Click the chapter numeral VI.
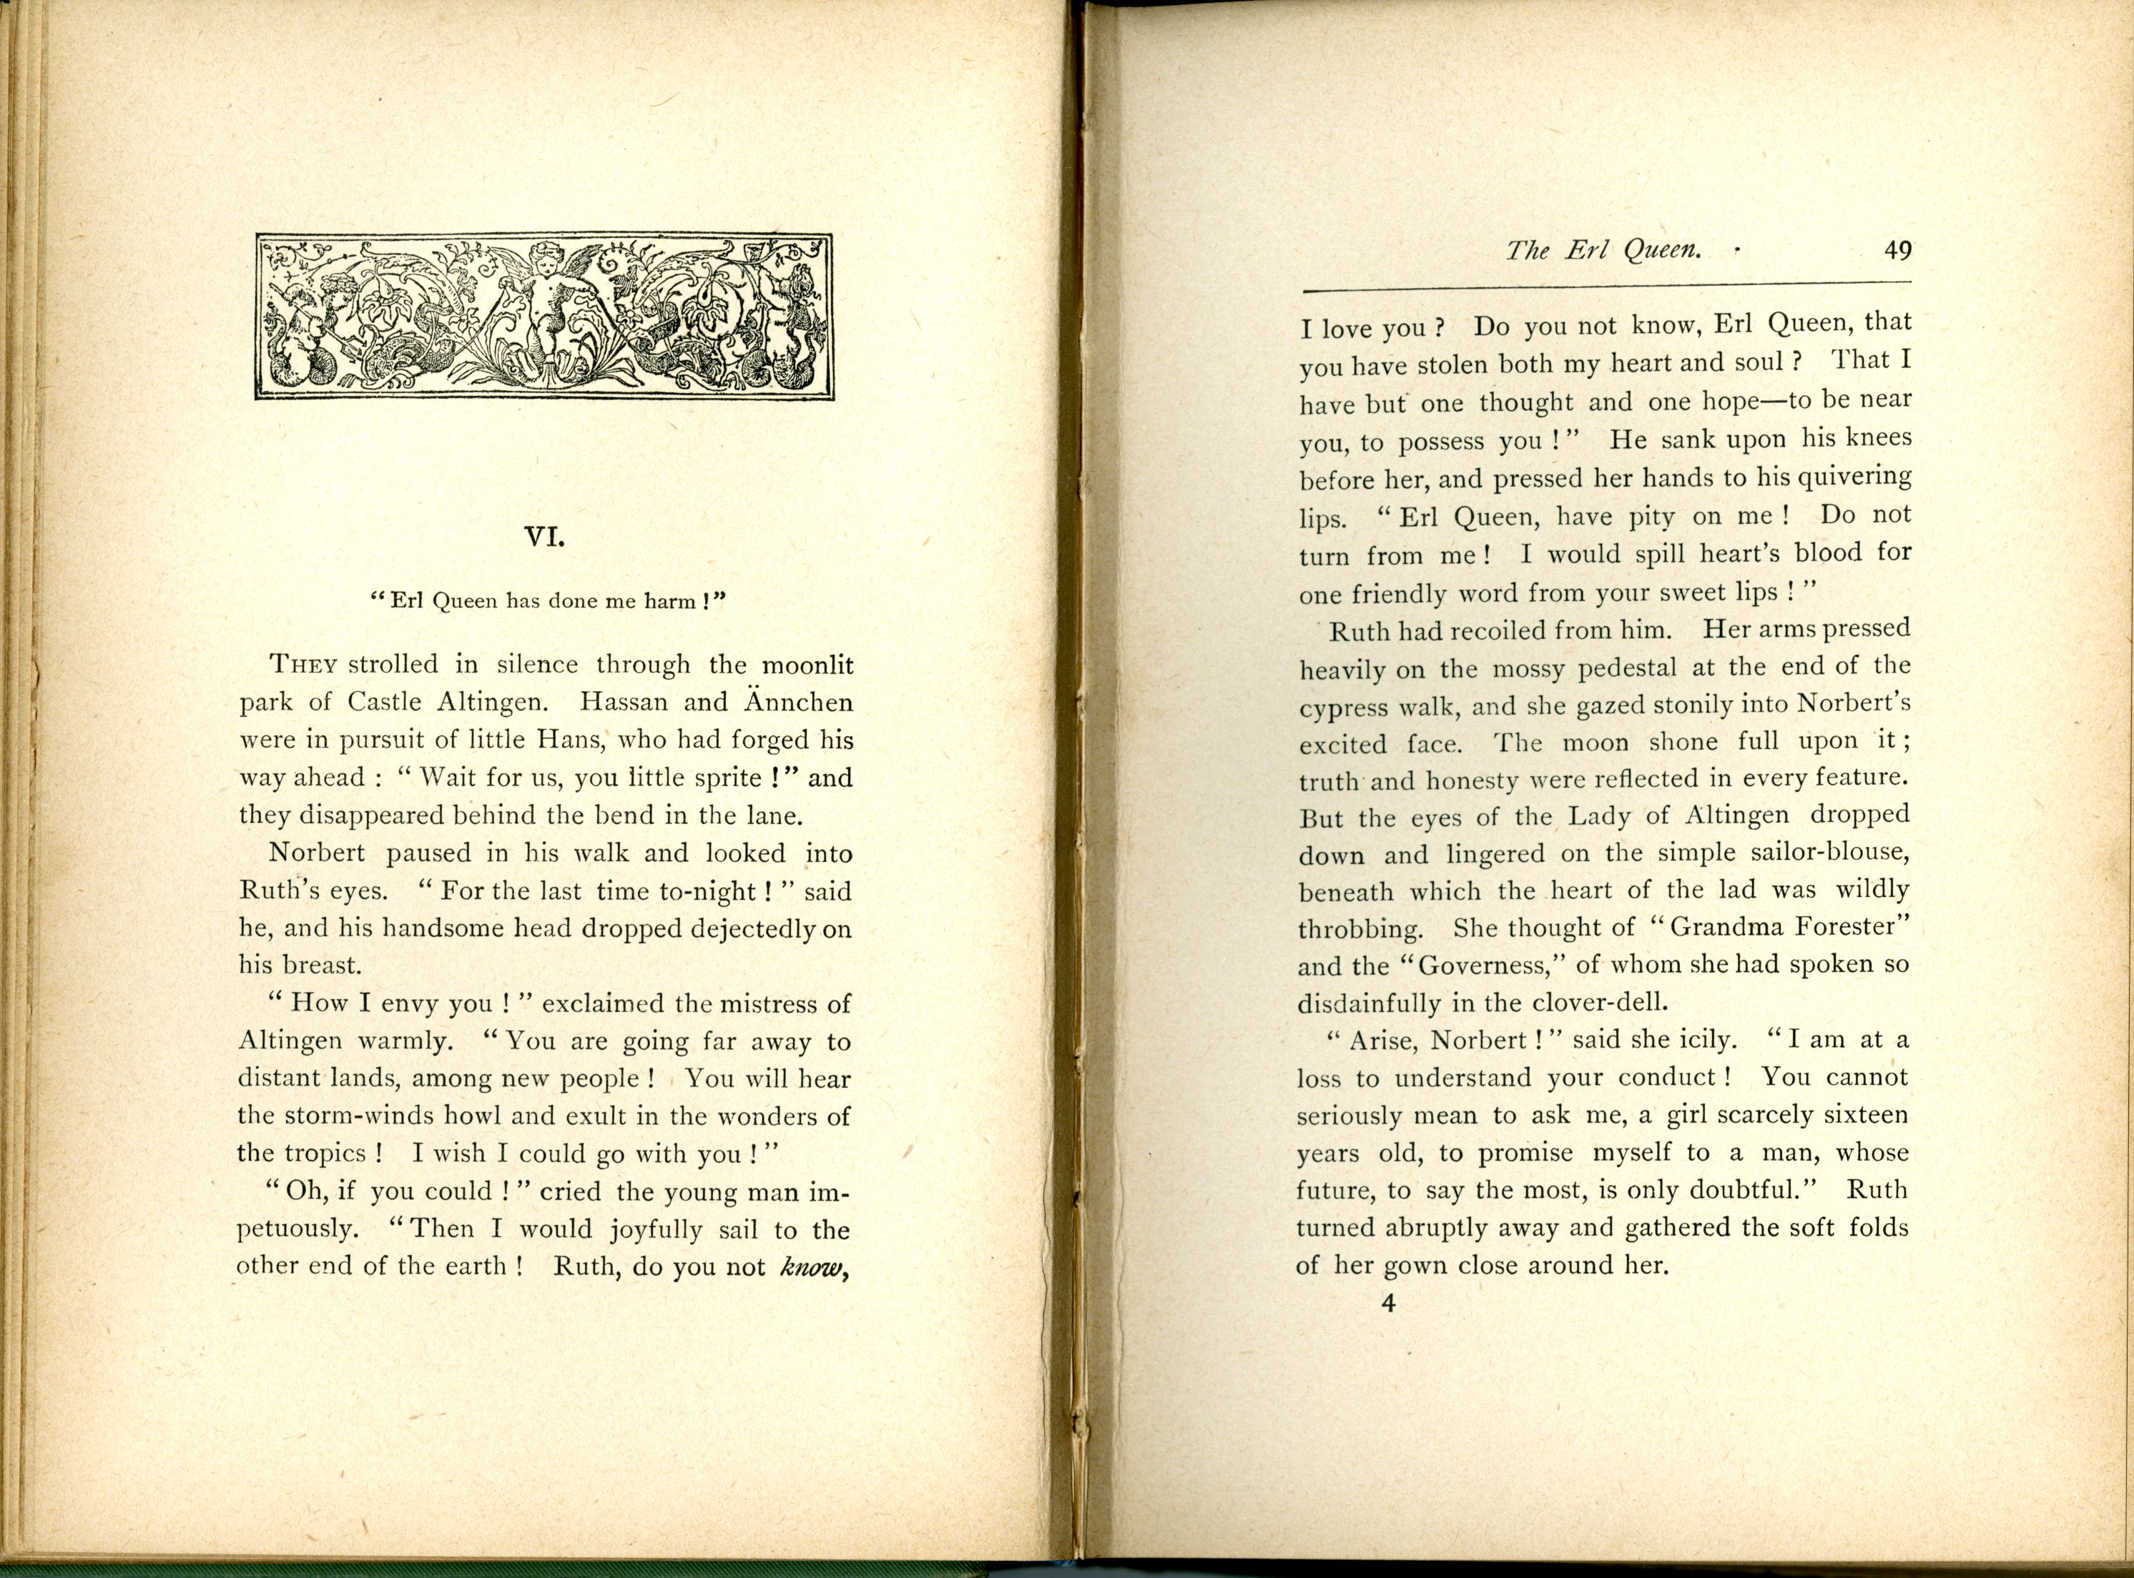545,537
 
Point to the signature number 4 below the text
1389,1303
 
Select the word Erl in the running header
1585,252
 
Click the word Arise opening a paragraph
1381,1041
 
